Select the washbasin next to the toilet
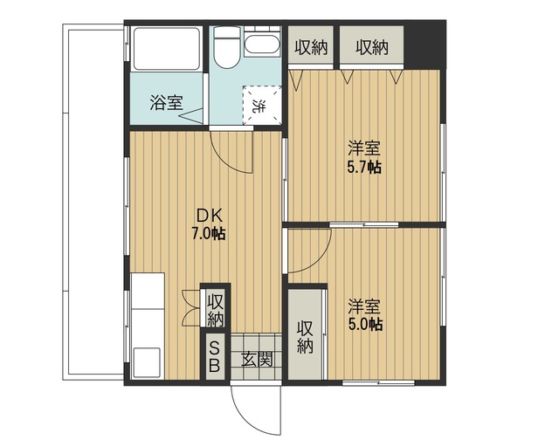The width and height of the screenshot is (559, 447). click(x=262, y=45)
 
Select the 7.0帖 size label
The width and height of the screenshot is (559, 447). click(x=208, y=233)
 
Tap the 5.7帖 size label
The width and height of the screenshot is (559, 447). click(x=364, y=167)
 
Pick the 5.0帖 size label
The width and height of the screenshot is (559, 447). click(x=364, y=324)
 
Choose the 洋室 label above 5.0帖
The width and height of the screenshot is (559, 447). click(x=364, y=306)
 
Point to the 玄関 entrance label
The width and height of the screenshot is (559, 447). click(x=257, y=359)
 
